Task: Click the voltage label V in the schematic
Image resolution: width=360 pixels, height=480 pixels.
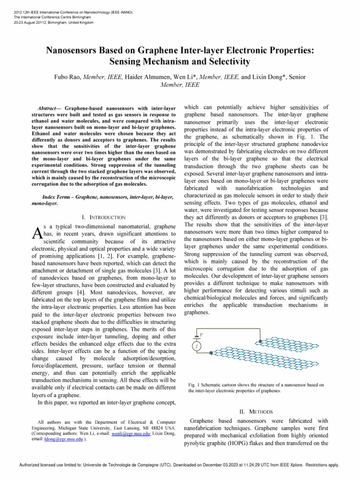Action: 201,334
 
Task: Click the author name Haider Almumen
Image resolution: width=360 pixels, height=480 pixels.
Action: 140,75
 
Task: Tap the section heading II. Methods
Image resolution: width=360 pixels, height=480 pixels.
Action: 256,411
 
